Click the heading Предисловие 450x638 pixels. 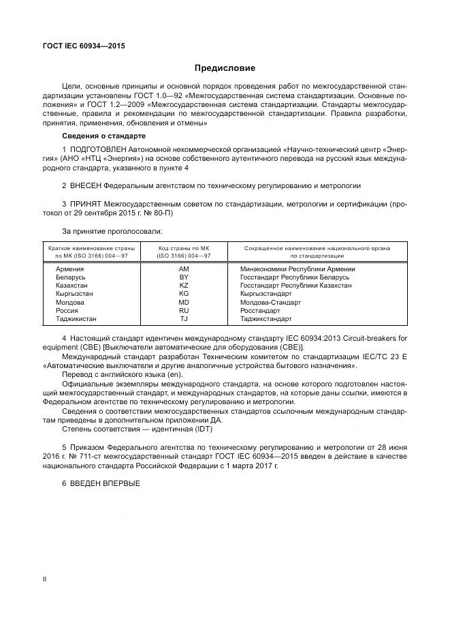[x=225, y=68]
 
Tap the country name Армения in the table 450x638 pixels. [x=69, y=270]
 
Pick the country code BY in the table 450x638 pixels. [x=183, y=278]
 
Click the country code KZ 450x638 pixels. [x=183, y=286]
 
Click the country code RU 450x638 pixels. [x=183, y=311]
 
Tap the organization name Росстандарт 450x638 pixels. [x=260, y=311]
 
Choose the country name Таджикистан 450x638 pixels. [x=76, y=319]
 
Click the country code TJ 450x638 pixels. [x=183, y=319]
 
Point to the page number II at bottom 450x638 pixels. [x=44, y=579]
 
